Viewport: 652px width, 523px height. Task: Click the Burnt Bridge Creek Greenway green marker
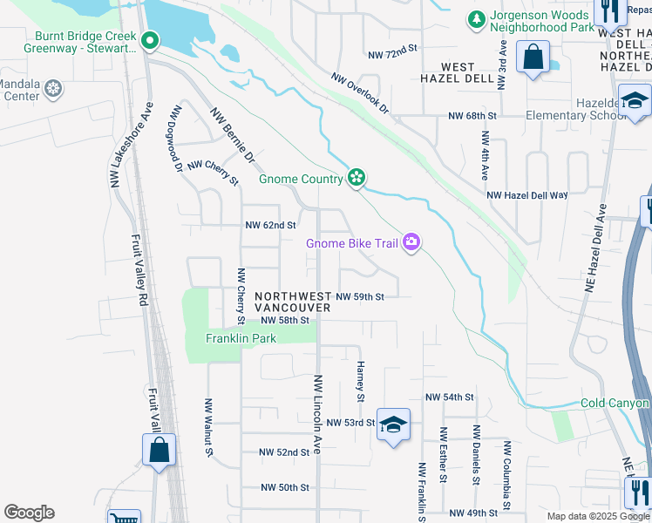(150, 39)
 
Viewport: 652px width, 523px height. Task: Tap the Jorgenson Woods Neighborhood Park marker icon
(476, 19)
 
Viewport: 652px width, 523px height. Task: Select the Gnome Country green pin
(356, 178)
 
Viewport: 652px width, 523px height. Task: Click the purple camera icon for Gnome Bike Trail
(411, 242)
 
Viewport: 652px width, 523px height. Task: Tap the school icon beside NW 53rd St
(393, 425)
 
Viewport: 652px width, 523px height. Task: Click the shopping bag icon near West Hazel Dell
(532, 59)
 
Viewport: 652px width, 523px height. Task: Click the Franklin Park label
(241, 338)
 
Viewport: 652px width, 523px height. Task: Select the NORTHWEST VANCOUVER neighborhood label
(293, 302)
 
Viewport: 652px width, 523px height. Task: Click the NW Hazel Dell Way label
(527, 196)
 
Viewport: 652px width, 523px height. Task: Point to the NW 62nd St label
(271, 225)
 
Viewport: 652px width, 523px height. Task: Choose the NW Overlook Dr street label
(359, 92)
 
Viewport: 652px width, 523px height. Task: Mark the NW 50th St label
(284, 487)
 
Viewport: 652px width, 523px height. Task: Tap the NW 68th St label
(472, 115)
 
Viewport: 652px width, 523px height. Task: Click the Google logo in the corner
(29, 513)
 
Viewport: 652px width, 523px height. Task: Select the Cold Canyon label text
(615, 404)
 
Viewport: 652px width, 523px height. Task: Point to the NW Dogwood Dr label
(177, 137)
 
